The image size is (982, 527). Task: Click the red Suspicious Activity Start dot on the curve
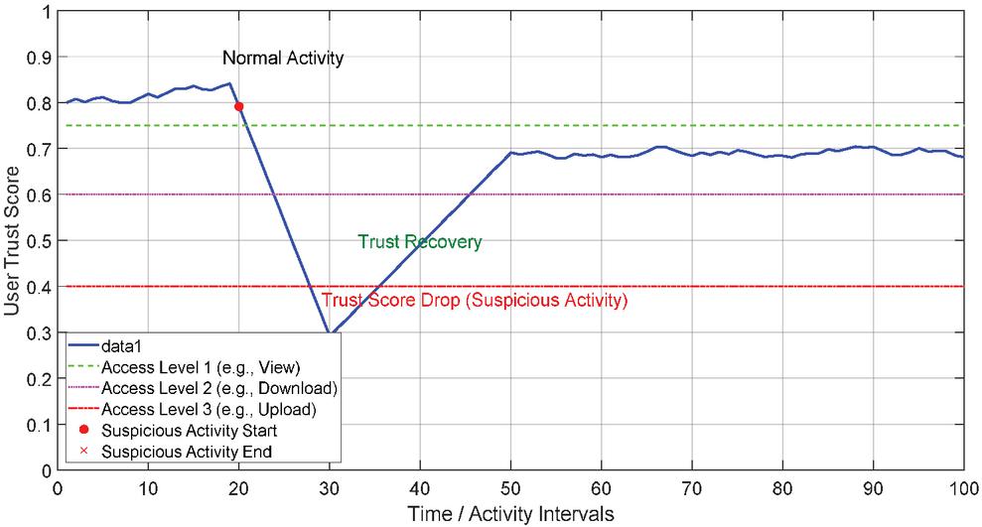click(x=238, y=106)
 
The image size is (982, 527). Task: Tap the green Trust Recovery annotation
click(x=420, y=241)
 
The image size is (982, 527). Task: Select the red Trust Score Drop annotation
click(x=473, y=299)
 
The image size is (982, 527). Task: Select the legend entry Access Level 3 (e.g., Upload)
click(x=210, y=409)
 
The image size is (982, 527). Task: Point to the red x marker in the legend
click(x=83, y=452)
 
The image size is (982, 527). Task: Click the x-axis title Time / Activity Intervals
click(x=510, y=513)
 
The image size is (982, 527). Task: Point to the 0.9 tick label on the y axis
click(x=39, y=58)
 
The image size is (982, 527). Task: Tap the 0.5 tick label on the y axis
click(x=39, y=241)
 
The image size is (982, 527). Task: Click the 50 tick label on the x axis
click(x=510, y=488)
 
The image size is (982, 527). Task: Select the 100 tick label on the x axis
click(x=963, y=488)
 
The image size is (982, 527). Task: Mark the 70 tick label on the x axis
click(x=692, y=488)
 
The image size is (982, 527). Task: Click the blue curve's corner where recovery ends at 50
click(x=510, y=153)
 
